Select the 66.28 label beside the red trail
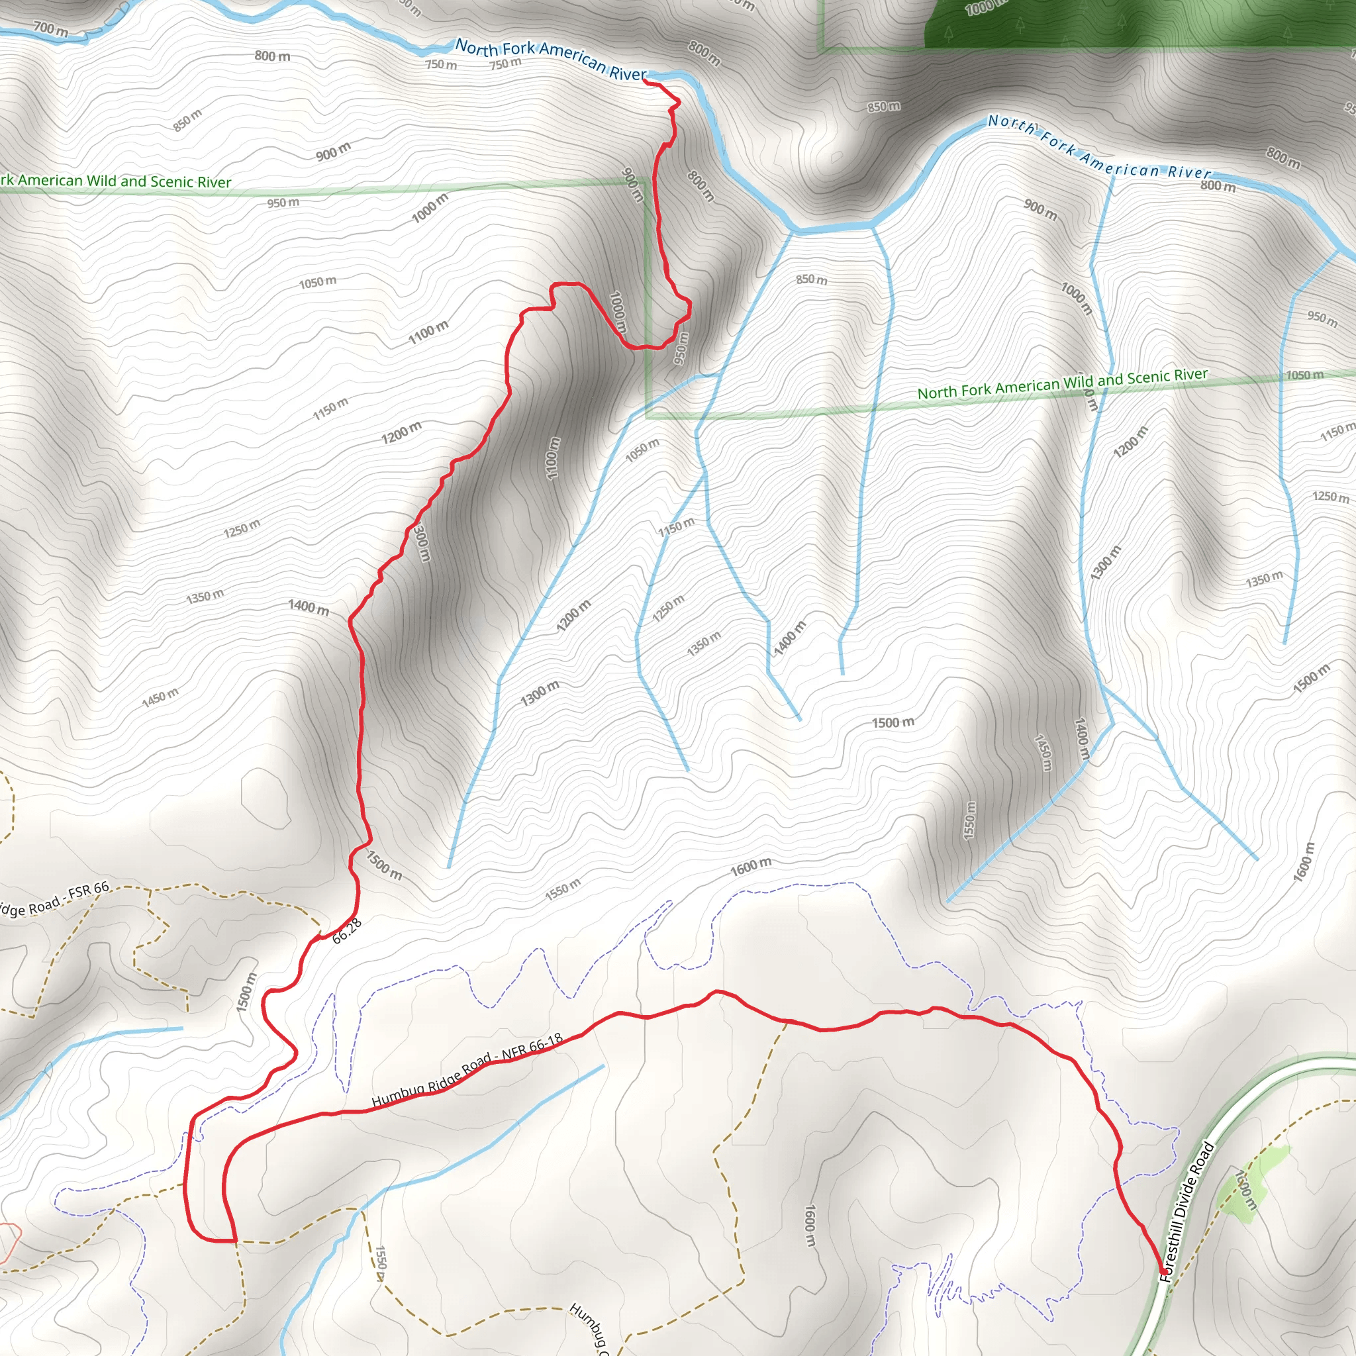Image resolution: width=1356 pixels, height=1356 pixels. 347,931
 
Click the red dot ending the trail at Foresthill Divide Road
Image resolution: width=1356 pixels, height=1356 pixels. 1163,1272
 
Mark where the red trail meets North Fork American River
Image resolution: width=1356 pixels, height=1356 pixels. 645,81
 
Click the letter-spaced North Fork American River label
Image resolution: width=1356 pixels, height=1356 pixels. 1099,148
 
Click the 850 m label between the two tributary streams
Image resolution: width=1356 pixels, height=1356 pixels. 811,279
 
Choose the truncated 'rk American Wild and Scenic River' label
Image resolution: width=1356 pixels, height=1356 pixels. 116,181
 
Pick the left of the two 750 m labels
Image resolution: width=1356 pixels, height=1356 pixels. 441,65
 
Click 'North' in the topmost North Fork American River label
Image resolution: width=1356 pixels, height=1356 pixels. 477,46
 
